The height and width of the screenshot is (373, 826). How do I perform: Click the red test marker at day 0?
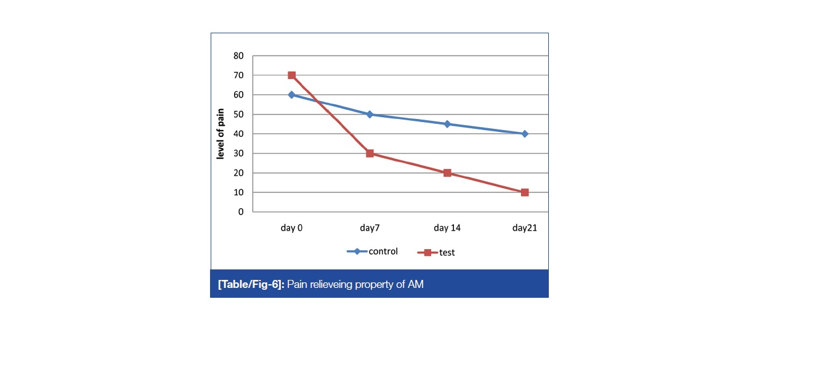click(291, 75)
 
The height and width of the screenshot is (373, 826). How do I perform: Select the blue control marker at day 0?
click(291, 95)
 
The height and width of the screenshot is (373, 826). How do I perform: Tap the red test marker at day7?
click(370, 154)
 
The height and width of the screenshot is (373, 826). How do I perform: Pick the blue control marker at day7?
click(370, 114)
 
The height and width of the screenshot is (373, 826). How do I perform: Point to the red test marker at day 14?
click(447, 173)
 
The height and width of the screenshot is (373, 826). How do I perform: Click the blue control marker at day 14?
click(447, 124)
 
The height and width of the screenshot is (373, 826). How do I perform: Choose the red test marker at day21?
click(525, 192)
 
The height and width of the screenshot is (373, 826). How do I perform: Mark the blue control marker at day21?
click(525, 134)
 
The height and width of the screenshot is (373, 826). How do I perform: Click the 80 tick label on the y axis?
click(238, 55)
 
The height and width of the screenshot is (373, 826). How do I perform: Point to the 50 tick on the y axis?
click(238, 114)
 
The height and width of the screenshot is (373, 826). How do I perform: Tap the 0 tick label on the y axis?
click(241, 212)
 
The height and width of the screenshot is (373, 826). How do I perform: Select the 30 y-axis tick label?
click(238, 154)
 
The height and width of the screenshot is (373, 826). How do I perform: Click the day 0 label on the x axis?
click(291, 228)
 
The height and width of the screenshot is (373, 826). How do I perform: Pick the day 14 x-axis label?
click(447, 228)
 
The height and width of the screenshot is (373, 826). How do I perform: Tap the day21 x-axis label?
click(525, 228)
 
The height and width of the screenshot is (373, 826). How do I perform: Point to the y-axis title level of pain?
click(220, 134)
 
